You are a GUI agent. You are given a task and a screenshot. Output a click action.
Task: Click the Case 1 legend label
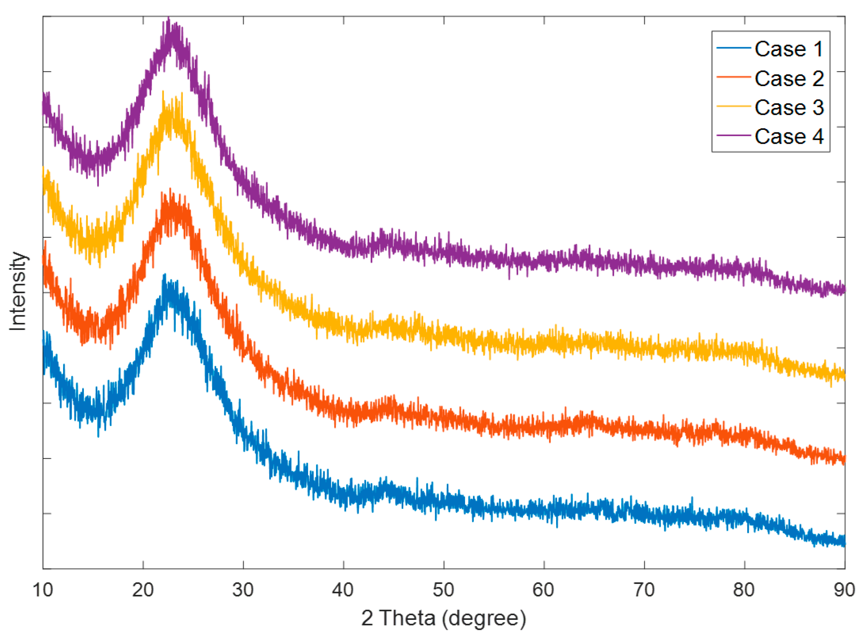(789, 49)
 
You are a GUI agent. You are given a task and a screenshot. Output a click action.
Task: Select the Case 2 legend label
(789, 79)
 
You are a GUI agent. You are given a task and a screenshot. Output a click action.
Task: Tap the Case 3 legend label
(789, 107)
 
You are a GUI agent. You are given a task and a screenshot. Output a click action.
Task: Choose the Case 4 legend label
(789, 137)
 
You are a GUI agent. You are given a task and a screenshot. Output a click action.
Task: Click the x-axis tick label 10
(43, 590)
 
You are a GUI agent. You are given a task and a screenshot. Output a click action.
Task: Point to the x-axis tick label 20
(143, 590)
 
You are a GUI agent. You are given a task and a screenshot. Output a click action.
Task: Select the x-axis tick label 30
(243, 590)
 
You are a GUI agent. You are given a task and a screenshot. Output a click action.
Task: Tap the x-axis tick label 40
(343, 590)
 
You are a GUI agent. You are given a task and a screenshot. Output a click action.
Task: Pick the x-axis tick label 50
(443, 590)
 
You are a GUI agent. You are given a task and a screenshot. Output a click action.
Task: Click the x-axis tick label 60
(544, 590)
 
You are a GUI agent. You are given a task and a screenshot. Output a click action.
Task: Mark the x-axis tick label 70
(644, 590)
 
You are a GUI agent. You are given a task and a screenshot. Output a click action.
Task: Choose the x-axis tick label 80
(744, 590)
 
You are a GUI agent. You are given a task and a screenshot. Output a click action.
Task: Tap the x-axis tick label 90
(844, 590)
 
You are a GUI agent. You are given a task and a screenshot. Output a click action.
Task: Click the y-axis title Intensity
(18, 291)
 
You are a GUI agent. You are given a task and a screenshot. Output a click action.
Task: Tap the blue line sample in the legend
(733, 48)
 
